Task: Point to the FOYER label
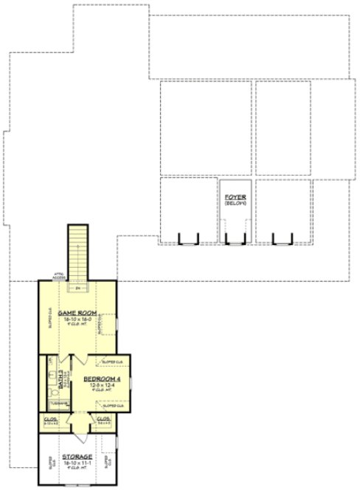(x=235, y=198)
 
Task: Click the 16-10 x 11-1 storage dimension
(x=77, y=463)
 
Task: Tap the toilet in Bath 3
(x=52, y=393)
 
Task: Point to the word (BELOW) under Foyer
(x=235, y=204)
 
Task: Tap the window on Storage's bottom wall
(x=77, y=485)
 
